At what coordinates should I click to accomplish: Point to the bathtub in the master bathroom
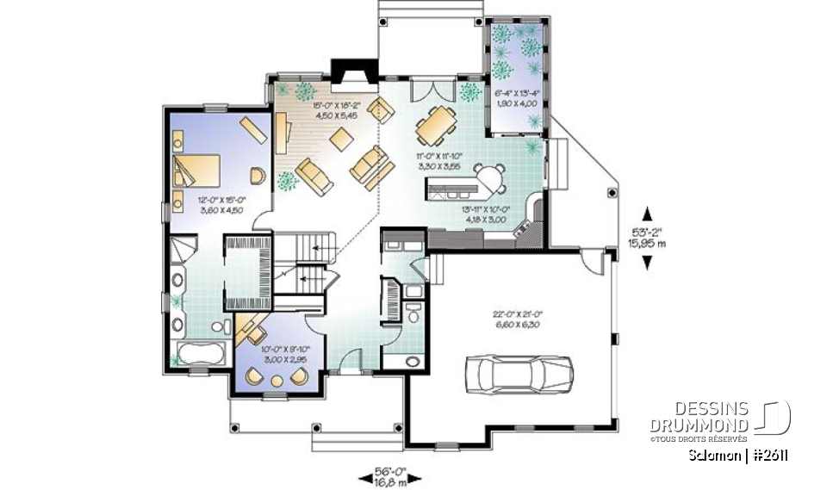click(x=199, y=354)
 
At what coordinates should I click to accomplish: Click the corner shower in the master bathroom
click(x=182, y=251)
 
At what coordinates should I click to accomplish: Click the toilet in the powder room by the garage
click(x=414, y=315)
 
